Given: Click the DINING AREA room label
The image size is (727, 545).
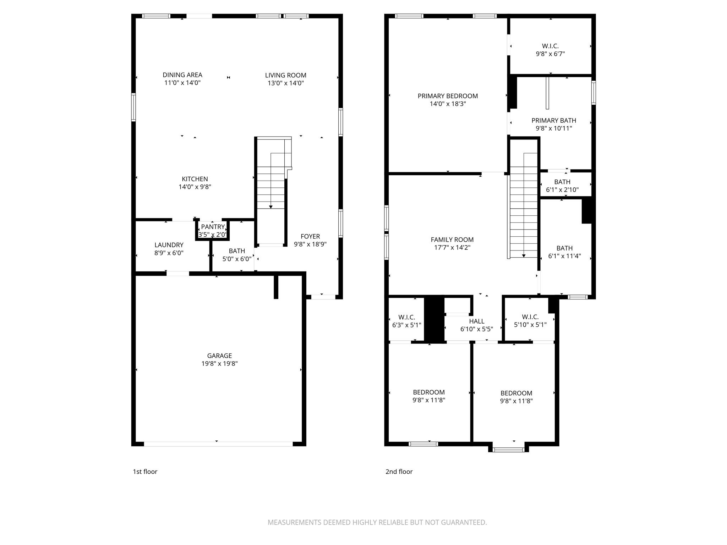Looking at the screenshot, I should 182,75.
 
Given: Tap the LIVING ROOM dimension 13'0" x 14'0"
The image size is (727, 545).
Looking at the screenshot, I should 285,83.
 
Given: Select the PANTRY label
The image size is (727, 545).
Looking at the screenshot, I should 213,227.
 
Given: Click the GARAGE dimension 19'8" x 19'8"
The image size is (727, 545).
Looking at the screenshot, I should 219,363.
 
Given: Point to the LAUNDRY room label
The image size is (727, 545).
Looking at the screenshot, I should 169,245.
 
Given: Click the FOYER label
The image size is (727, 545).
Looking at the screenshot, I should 310,236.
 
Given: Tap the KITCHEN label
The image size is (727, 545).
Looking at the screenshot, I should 195,179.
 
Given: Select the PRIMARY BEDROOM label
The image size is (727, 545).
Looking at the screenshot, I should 447,96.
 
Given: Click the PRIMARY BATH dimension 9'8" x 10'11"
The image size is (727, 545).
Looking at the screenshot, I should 553,128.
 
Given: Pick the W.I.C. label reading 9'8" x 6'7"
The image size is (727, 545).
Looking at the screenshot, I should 550,46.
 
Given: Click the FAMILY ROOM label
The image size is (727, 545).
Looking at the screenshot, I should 452,240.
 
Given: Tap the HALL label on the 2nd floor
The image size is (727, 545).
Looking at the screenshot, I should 476,321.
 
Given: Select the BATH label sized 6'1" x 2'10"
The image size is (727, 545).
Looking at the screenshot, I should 562,182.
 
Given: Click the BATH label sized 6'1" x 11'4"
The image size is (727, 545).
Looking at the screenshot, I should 564,248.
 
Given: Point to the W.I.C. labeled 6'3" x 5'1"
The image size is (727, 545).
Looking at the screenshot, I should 406,317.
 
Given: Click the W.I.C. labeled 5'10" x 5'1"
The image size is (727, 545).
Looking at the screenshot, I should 530,317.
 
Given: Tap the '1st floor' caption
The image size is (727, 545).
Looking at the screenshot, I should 145,472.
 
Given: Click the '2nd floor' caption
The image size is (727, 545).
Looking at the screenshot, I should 399,472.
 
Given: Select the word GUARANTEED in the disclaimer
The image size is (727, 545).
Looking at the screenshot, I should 463,522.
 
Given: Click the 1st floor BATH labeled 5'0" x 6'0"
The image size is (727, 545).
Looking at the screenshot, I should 237,251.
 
